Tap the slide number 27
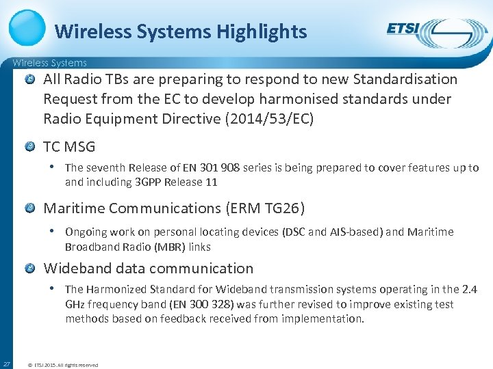point(6,363)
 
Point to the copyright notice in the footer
point(62,365)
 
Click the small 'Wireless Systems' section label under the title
point(49,63)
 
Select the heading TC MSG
point(69,146)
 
